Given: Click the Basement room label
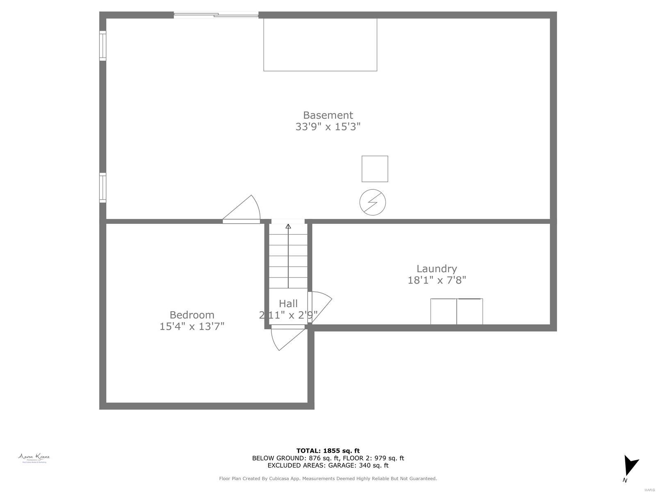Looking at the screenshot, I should (328, 115).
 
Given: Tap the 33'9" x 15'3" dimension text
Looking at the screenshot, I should (328, 127).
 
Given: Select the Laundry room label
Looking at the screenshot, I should (437, 269).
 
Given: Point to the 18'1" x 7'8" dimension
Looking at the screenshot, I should (437, 280).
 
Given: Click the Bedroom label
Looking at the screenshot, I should (192, 315).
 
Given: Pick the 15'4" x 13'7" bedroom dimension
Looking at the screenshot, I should (192, 326).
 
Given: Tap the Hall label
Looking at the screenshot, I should (288, 304).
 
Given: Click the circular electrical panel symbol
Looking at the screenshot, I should (373, 202).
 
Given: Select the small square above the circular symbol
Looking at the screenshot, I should (375, 169).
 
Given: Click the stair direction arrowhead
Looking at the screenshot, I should (288, 226).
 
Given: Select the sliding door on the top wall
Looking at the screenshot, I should (216, 15).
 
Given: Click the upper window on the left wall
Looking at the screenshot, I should (102, 46).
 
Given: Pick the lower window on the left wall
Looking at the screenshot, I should (102, 188).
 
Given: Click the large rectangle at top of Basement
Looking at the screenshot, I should (320, 45).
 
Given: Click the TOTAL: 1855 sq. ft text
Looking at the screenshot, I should (328, 451).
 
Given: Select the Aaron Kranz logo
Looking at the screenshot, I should (34, 458).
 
